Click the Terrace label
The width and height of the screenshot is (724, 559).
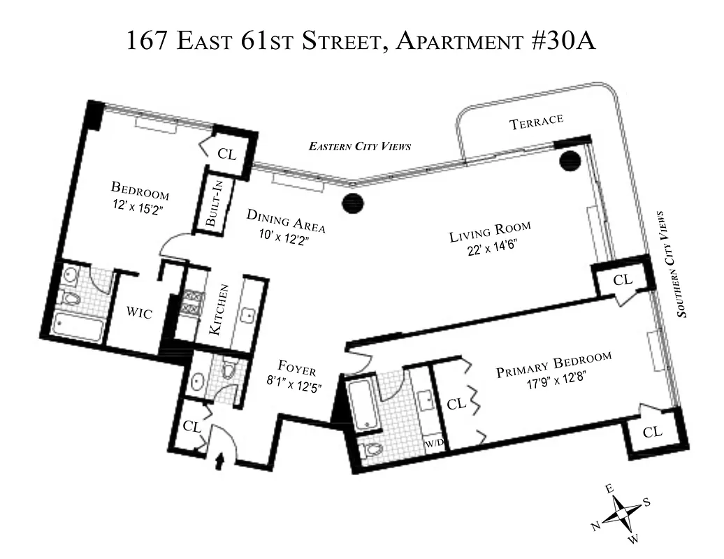pyautogui.click(x=536, y=122)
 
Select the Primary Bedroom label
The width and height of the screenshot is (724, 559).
pyautogui.click(x=553, y=365)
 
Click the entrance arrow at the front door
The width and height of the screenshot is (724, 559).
pyautogui.click(x=223, y=460)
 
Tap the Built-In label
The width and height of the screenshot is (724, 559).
pyautogui.click(x=212, y=203)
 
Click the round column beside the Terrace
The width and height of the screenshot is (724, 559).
pyautogui.click(x=570, y=161)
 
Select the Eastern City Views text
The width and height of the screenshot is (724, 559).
pyautogui.click(x=359, y=147)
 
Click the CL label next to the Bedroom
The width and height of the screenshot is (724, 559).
pyautogui.click(x=227, y=154)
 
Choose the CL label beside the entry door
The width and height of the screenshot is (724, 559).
pyautogui.click(x=190, y=426)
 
